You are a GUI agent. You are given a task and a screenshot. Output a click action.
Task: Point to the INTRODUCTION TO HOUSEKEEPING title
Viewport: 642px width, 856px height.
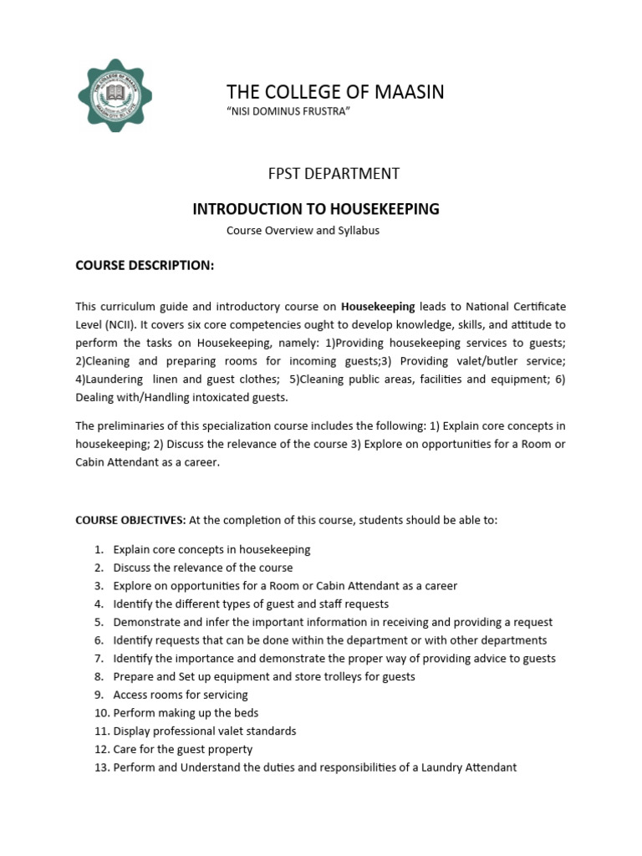(x=316, y=209)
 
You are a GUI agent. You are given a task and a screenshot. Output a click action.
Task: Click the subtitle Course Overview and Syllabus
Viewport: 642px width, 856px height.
(x=303, y=231)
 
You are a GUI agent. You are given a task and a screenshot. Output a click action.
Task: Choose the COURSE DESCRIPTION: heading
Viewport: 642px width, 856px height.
(x=145, y=265)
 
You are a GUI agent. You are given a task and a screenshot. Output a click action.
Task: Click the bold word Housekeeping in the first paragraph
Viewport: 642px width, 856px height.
(x=378, y=307)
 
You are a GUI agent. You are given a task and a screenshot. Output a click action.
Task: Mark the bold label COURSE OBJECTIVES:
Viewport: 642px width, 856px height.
(x=131, y=520)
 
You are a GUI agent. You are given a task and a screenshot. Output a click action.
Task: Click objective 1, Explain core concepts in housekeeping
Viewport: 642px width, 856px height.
(x=211, y=550)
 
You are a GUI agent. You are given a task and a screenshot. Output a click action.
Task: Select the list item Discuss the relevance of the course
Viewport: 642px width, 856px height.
(x=203, y=568)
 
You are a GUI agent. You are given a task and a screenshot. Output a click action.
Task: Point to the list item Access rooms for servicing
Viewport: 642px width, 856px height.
(x=181, y=695)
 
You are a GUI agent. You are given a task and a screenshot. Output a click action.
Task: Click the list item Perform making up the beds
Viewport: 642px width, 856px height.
(x=186, y=713)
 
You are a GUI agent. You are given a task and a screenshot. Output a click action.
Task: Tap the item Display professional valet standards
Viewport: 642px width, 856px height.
(x=205, y=731)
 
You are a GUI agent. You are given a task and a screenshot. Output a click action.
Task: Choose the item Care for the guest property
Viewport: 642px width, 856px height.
(x=182, y=750)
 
